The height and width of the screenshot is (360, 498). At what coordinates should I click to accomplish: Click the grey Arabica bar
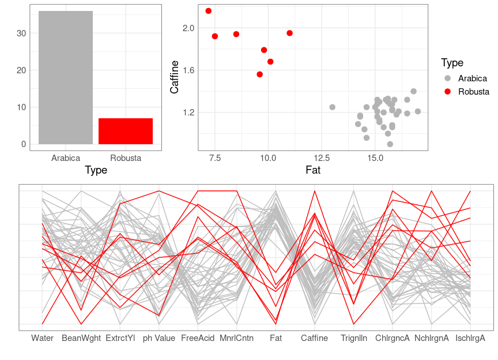pyautogui.click(x=65, y=78)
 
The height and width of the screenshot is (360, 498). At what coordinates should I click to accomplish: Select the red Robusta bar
pyautogui.click(x=126, y=131)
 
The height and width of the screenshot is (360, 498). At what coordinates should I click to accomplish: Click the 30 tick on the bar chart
pyautogui.click(x=22, y=33)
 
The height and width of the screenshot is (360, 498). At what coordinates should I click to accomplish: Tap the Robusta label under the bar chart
pyautogui.click(x=126, y=158)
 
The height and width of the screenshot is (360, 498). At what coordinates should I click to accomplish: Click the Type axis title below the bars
pyautogui.click(x=96, y=170)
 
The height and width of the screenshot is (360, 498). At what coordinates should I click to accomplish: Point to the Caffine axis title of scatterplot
pyautogui.click(x=175, y=77)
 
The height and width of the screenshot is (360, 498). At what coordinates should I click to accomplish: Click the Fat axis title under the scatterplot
pyautogui.click(x=312, y=170)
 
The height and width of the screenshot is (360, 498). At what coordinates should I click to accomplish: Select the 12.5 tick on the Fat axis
pyautogui.click(x=322, y=158)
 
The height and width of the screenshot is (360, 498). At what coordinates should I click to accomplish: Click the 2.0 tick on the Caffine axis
pyautogui.click(x=188, y=28)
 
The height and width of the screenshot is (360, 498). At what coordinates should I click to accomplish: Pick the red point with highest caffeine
pyautogui.click(x=209, y=11)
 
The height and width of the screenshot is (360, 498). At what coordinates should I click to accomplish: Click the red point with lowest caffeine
pyautogui.click(x=260, y=74)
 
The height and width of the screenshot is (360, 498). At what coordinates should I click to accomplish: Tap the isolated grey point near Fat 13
pyautogui.click(x=333, y=107)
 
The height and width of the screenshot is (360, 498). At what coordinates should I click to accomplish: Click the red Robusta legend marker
pyautogui.click(x=447, y=92)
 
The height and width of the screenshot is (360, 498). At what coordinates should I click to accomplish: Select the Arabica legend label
pyautogui.click(x=473, y=78)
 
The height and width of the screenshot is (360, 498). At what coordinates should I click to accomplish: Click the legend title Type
pyautogui.click(x=452, y=63)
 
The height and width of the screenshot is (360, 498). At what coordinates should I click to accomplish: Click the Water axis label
pyautogui.click(x=42, y=339)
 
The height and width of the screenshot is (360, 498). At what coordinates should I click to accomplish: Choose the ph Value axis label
pyautogui.click(x=159, y=339)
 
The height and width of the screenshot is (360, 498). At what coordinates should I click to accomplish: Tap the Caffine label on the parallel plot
pyautogui.click(x=315, y=339)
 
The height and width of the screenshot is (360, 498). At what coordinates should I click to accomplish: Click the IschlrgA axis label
pyautogui.click(x=470, y=339)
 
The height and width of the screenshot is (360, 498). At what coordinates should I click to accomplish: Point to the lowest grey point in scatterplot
pyautogui.click(x=390, y=144)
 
